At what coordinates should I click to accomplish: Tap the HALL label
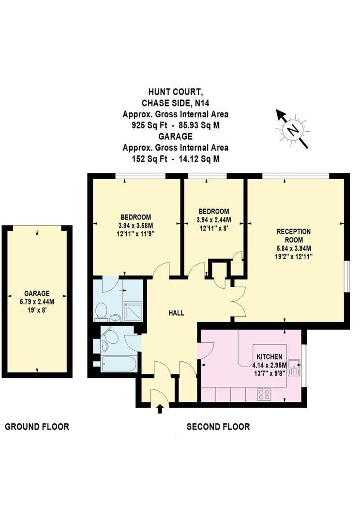tap(176, 313)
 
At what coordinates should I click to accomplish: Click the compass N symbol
tap(292, 129)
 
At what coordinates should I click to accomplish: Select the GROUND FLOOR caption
tap(37, 427)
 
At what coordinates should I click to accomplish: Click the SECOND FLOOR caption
tap(218, 427)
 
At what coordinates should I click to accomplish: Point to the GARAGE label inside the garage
tap(37, 293)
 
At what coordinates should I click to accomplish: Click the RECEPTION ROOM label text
tap(294, 236)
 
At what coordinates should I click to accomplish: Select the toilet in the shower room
tap(102, 311)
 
